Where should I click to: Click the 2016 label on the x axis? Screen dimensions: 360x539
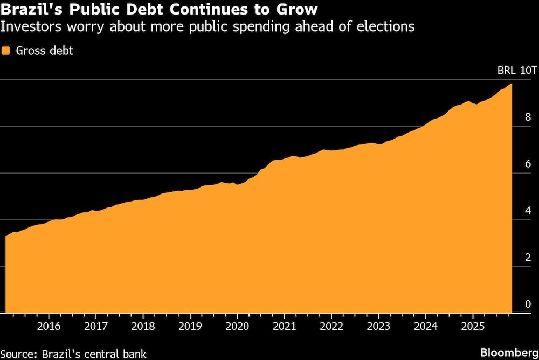tap(49, 326)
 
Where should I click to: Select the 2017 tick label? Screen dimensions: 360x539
tap(95, 326)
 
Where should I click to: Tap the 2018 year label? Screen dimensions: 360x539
tap(143, 326)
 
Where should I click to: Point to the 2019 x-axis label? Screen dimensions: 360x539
tap(190, 326)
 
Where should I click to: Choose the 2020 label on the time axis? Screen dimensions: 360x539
tap(237, 326)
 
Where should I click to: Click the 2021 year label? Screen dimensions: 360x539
tap(284, 326)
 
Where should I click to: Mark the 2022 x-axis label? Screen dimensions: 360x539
tap(331, 326)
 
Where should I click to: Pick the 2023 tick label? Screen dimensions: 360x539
tap(378, 326)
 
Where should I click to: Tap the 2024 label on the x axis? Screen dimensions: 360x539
tap(425, 326)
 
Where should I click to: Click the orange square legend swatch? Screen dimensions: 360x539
tap(6, 51)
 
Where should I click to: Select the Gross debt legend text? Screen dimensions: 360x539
tap(44, 51)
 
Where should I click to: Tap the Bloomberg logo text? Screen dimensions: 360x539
tap(508, 352)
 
